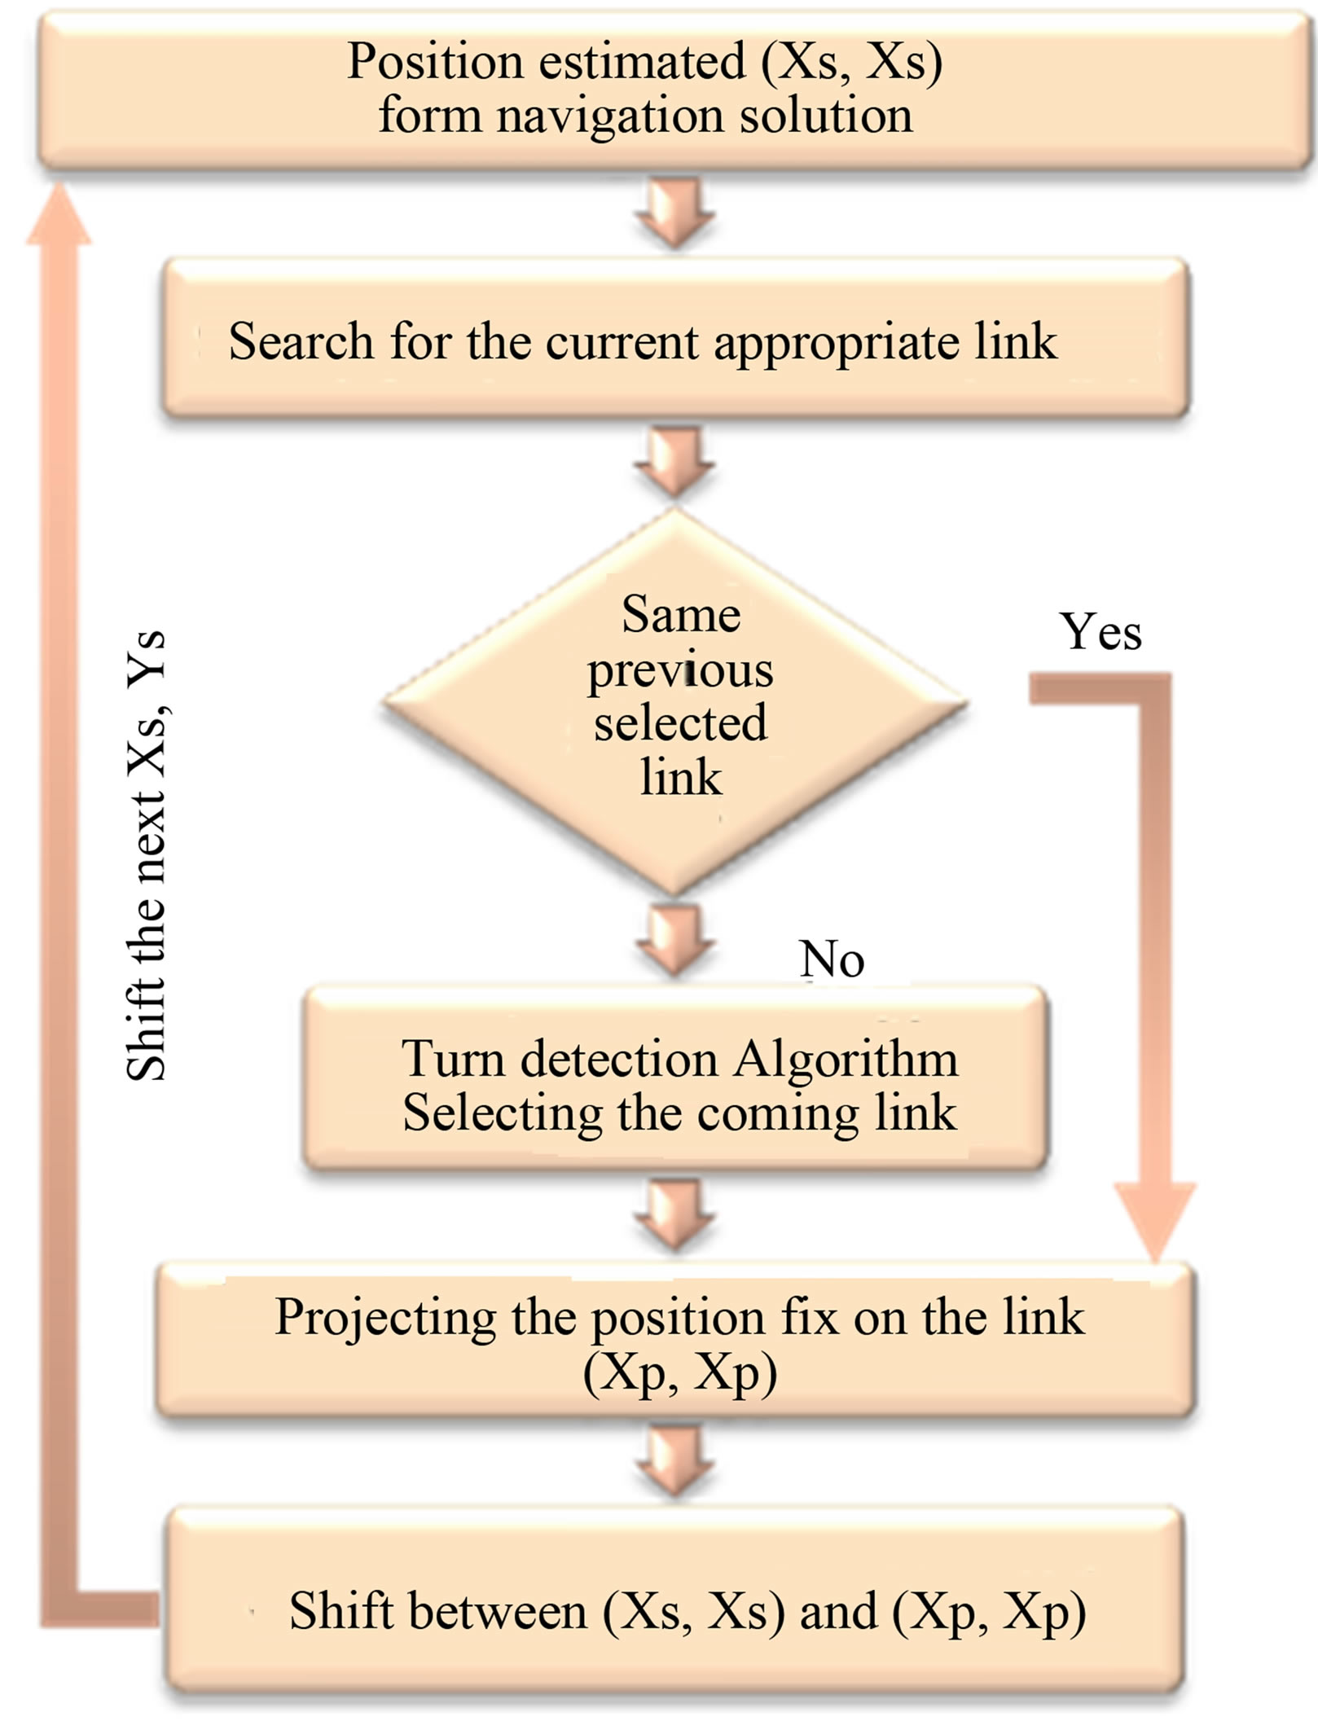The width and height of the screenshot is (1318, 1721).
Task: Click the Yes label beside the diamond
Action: tap(1100, 632)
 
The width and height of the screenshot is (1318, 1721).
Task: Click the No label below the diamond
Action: tap(831, 959)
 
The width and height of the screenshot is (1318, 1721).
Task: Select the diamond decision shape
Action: tap(674, 702)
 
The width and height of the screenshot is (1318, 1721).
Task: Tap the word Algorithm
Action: tap(846, 1060)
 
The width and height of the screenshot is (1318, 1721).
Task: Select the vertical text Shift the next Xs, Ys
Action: tap(147, 855)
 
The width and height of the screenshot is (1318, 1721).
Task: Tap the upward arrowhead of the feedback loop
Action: tap(59, 216)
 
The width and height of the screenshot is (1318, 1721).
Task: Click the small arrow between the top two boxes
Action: tap(674, 213)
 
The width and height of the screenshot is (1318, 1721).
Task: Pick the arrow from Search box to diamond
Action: tap(674, 463)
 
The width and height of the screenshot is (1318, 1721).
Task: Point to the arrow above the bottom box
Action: tap(674, 1462)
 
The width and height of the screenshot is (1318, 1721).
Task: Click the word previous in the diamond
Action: tap(680, 671)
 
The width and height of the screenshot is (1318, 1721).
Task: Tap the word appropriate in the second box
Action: tap(837, 342)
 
